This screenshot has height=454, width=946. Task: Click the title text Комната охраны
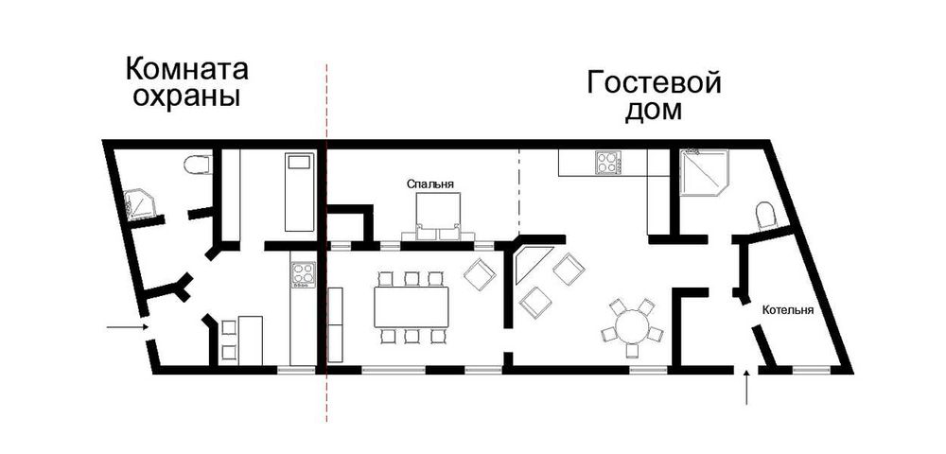(186, 82)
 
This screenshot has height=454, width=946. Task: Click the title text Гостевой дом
(654, 96)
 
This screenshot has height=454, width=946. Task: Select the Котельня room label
(789, 309)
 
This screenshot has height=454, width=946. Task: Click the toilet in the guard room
(197, 166)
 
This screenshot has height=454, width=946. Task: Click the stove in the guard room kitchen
(303, 275)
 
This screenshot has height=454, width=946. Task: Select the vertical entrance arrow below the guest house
(747, 388)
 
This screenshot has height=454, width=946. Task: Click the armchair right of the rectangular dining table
(480, 276)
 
